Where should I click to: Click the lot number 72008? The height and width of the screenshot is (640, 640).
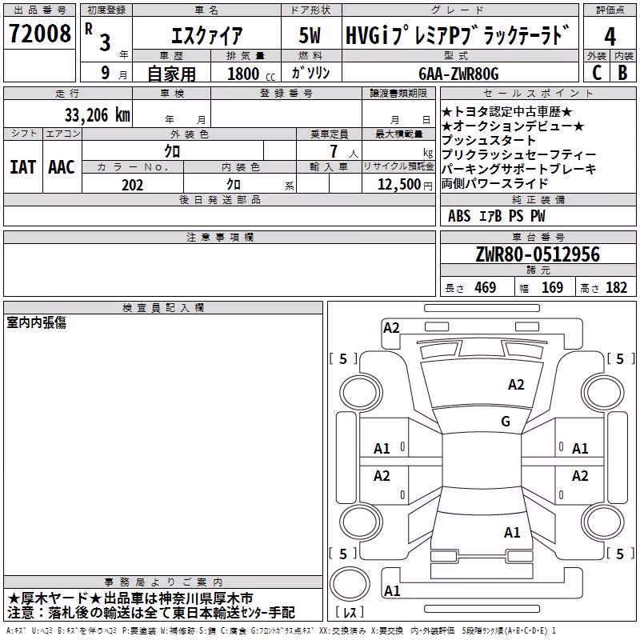(x=39, y=34)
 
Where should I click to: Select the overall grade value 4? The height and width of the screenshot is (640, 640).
(x=610, y=37)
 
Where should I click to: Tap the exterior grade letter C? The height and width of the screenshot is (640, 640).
(x=597, y=73)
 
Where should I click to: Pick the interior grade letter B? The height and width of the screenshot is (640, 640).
(x=623, y=73)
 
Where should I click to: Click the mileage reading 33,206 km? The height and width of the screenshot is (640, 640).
(x=97, y=115)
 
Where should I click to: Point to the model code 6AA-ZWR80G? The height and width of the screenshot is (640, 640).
(x=458, y=74)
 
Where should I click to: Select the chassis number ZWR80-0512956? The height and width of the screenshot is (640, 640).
(x=538, y=254)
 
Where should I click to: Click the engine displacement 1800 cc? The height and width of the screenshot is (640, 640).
(x=251, y=74)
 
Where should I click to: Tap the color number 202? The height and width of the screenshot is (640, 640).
(x=132, y=185)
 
